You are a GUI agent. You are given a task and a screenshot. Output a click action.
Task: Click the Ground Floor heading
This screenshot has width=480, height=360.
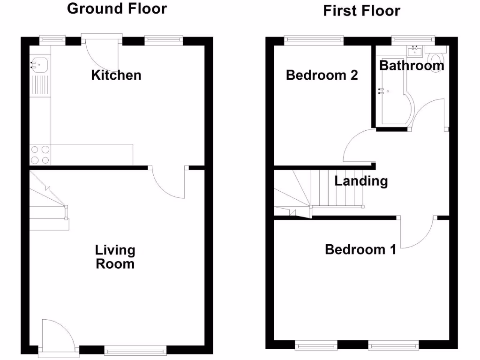117,8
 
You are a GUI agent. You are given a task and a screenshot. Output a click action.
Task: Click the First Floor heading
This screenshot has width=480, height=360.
361,10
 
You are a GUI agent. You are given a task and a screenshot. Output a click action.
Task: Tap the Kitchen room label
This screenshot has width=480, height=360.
116,75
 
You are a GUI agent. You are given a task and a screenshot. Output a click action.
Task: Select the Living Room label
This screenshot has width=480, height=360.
115,257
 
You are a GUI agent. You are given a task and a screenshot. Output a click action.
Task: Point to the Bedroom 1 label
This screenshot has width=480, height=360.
360,249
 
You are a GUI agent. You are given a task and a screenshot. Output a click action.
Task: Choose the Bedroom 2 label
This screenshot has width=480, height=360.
322,75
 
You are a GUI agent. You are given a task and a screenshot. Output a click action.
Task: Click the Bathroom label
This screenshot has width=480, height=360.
412,66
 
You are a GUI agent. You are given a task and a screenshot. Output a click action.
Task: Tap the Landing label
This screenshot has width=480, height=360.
361,181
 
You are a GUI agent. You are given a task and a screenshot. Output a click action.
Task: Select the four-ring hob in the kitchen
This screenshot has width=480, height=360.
40,155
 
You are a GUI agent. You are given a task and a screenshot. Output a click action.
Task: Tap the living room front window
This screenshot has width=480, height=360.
135,349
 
